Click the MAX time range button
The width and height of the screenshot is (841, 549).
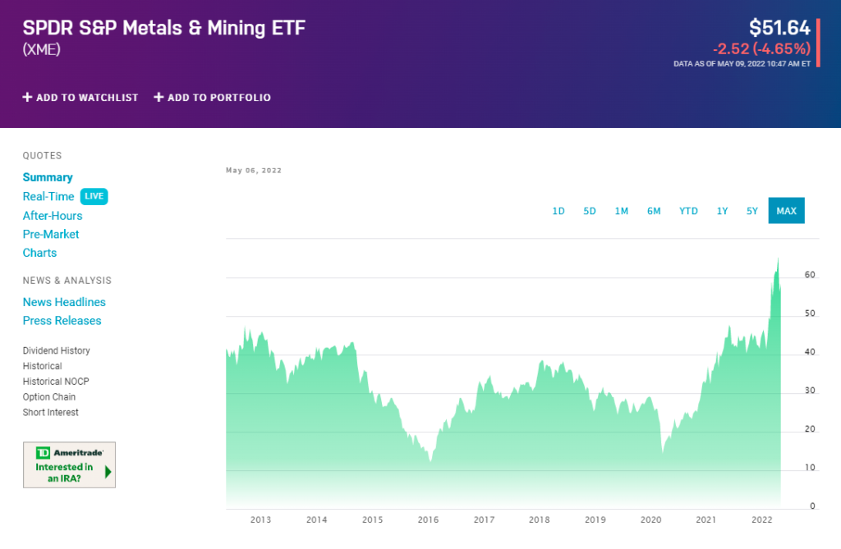(786, 211)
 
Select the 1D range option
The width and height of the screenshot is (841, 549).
(558, 211)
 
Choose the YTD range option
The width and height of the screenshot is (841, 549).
(688, 211)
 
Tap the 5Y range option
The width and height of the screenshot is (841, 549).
(752, 211)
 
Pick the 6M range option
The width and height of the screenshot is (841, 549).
(654, 211)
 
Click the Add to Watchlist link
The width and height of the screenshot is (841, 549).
(80, 98)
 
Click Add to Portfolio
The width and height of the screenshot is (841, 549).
(212, 98)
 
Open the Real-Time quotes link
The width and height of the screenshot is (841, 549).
(48, 197)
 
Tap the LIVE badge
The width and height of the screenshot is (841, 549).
(94, 197)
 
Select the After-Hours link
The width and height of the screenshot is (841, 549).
(53, 216)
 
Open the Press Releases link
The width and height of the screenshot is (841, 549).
(62, 321)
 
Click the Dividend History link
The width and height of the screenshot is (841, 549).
(57, 350)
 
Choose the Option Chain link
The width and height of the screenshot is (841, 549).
(49, 397)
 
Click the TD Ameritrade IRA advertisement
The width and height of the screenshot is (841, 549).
(69, 464)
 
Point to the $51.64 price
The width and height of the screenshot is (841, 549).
(779, 27)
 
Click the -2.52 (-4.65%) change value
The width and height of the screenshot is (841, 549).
(761, 48)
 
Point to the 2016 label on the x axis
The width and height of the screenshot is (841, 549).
(428, 519)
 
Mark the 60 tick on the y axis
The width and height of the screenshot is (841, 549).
(810, 275)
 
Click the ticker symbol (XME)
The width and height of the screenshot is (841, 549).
(42, 49)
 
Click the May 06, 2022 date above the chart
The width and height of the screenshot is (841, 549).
(254, 171)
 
